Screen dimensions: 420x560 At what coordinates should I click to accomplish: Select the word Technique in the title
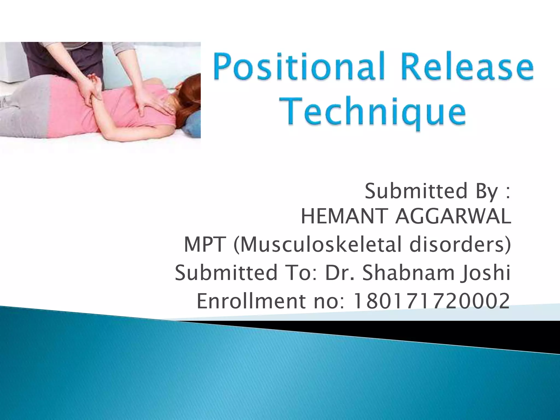374,113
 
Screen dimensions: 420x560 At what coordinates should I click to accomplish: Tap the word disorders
459,244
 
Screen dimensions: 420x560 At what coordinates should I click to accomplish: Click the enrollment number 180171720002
431,301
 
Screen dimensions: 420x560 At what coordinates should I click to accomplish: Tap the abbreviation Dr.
340,273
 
